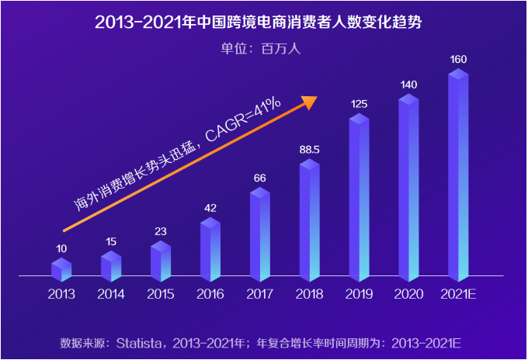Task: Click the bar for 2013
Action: pos(61,270)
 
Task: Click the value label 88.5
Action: pos(310,149)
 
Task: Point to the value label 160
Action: pos(458,59)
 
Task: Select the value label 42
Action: pos(210,208)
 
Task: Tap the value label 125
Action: pos(359,103)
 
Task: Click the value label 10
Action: pos(61,248)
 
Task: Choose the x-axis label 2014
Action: pos(111,294)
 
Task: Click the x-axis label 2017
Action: pos(259,294)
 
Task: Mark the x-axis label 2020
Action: pos(408,294)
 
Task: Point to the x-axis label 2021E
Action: pos(458,294)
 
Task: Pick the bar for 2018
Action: pos(309,220)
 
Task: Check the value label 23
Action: pos(161,230)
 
